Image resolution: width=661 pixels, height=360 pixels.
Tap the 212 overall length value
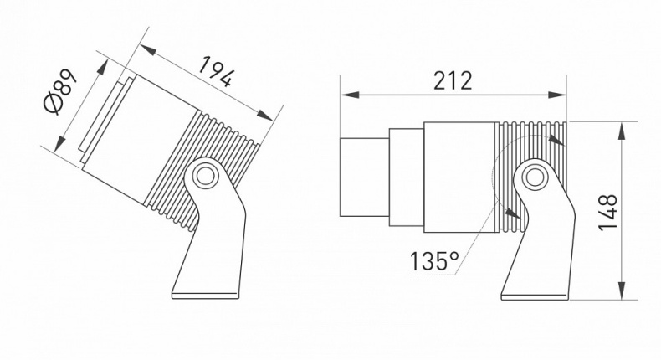click(x=452, y=81)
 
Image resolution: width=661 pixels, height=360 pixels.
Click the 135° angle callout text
click(x=434, y=261)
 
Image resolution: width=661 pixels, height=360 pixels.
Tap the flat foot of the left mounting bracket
click(x=206, y=293)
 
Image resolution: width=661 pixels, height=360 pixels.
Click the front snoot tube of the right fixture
click(x=363, y=177)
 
